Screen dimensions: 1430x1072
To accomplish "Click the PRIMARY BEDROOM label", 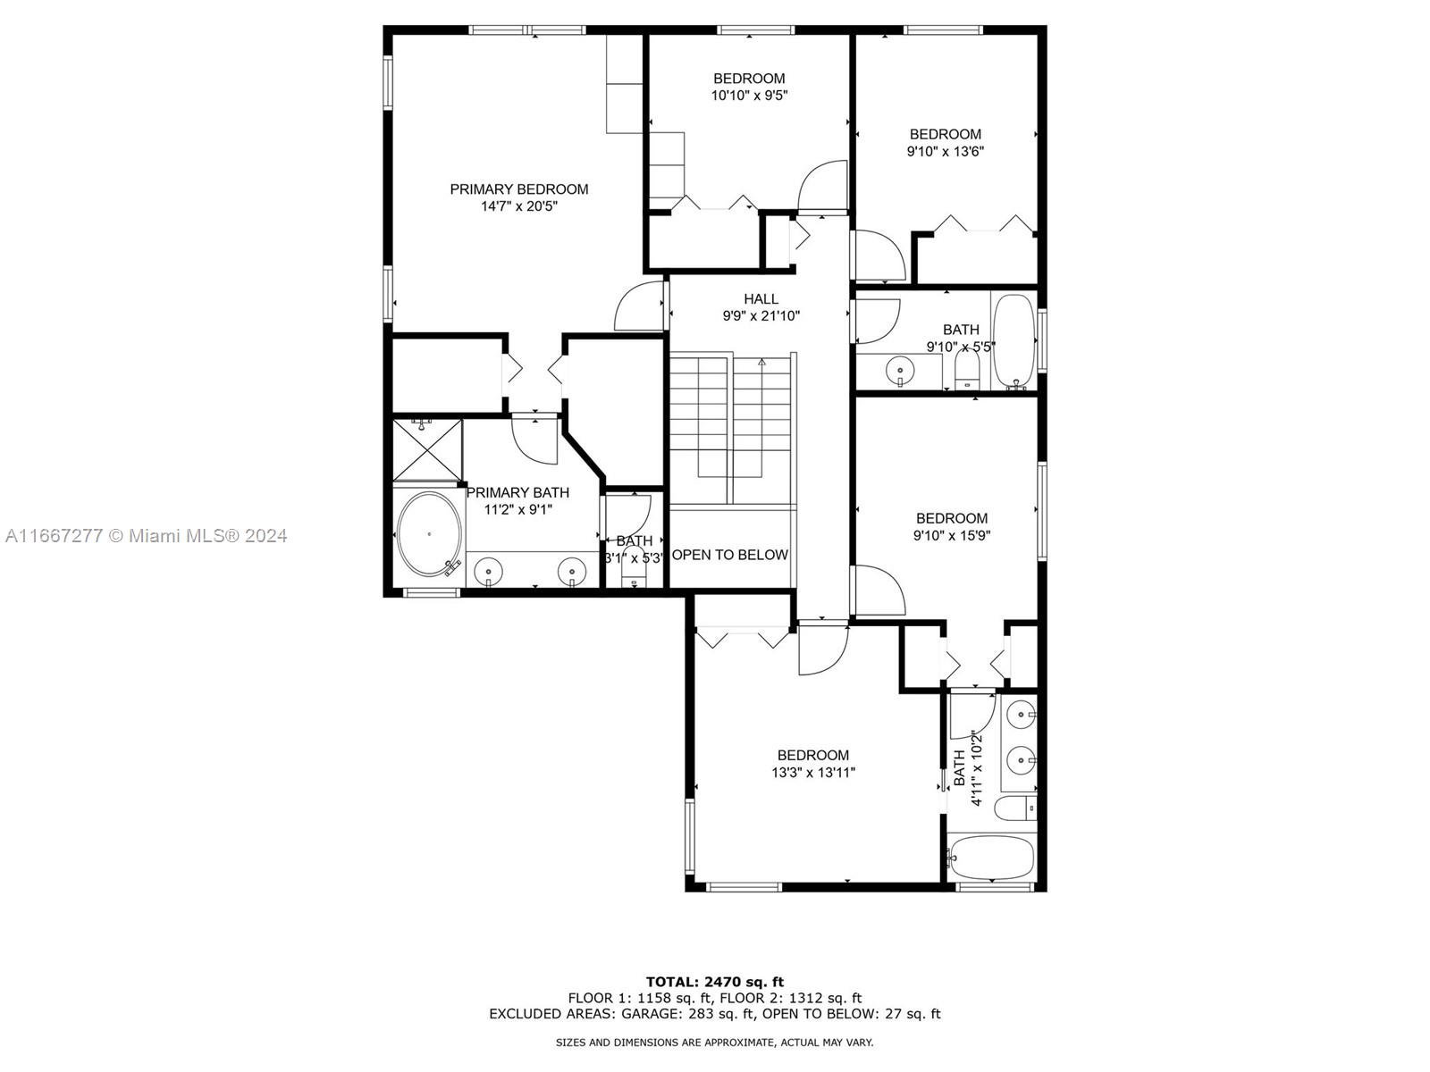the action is (x=518, y=189).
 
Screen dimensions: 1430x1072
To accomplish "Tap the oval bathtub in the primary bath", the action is (x=429, y=533).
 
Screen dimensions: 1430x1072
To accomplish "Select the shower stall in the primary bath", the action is (x=427, y=450).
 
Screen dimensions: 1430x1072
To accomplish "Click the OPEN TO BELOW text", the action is (x=729, y=555).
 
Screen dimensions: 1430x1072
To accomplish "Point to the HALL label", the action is (x=761, y=298).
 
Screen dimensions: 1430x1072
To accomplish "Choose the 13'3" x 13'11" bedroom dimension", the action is (x=813, y=773).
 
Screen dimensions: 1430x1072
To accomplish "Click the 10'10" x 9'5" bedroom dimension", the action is (x=749, y=96).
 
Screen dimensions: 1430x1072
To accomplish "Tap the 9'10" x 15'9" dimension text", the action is (x=952, y=536).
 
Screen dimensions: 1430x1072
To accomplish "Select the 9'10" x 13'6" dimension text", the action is (x=946, y=152).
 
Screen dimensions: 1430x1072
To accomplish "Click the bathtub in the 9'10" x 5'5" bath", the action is (x=1014, y=342).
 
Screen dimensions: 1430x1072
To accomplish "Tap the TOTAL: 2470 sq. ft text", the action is (x=715, y=982).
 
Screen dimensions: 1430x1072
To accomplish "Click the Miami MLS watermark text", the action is (x=146, y=536).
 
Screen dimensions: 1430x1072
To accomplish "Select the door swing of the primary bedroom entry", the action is (x=639, y=306).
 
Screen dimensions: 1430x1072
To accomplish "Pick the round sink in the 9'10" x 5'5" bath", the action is (x=900, y=372).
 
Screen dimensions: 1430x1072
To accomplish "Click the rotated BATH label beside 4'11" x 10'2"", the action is (x=959, y=768).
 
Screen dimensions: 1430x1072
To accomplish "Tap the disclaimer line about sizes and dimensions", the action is (x=715, y=1042).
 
